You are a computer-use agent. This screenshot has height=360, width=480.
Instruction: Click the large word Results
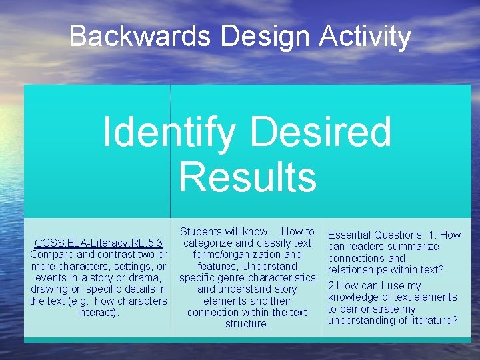click(x=247, y=177)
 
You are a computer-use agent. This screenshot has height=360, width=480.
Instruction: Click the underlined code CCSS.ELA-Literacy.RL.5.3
click(x=99, y=243)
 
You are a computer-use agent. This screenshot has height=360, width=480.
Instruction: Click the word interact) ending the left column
click(x=99, y=312)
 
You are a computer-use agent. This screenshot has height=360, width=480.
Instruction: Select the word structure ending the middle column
click(x=247, y=324)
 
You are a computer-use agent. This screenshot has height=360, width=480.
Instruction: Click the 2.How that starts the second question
click(x=341, y=285)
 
